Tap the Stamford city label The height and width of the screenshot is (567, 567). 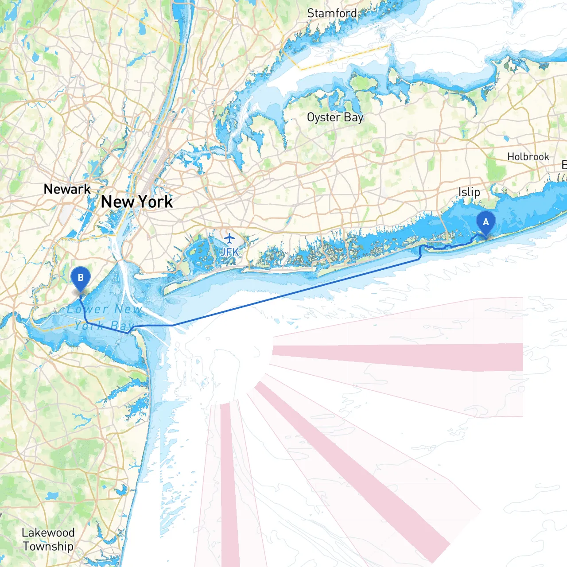[332, 13]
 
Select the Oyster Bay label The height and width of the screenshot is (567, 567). [335, 117]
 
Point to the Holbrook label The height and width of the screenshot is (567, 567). [528, 157]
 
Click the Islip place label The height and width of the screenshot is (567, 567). [469, 192]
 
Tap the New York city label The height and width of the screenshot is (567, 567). [137, 202]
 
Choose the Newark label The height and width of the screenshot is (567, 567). [67, 189]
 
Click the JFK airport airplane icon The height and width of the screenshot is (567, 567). [229, 239]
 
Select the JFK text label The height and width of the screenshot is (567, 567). [229, 252]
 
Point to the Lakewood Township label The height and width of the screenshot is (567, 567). [48, 539]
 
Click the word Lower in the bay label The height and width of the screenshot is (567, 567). [87, 309]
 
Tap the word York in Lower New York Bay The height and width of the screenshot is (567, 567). [90, 326]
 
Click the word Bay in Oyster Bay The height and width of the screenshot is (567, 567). [353, 118]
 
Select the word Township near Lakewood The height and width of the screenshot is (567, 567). [48, 547]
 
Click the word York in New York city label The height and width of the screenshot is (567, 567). [155, 202]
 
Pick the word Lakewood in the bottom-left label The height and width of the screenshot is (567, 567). [48, 532]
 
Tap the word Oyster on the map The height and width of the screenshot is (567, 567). [324, 117]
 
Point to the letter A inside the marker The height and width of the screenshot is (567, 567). [485, 222]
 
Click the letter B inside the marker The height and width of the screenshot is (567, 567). [81, 278]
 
